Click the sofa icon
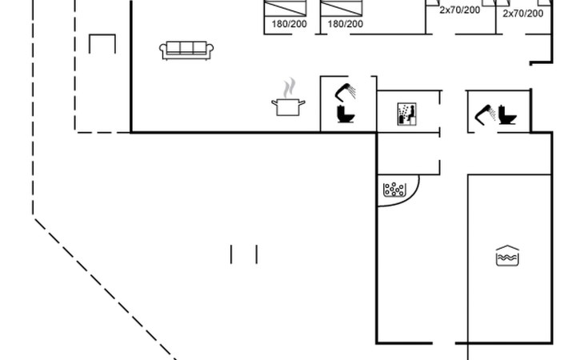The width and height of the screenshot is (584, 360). coord(186,50)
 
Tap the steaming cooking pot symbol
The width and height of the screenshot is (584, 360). coord(288,106)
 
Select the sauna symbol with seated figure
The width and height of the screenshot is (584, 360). coord(406,114)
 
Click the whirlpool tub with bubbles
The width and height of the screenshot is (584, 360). coord(395,190)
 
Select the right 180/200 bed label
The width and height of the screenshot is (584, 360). coord(345,24)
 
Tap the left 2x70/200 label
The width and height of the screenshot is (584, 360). coord(459,10)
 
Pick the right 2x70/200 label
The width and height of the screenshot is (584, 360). coord(523,13)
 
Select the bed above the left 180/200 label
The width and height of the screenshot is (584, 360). coord(286,8)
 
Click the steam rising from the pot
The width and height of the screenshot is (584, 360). coord(290,86)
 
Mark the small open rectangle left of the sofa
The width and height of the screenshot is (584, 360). coord(102,44)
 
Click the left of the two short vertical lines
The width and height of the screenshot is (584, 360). coord(231,254)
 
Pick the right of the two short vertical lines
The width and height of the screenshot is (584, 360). coord(256,254)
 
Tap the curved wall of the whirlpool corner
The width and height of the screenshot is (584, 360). coord(408,200)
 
